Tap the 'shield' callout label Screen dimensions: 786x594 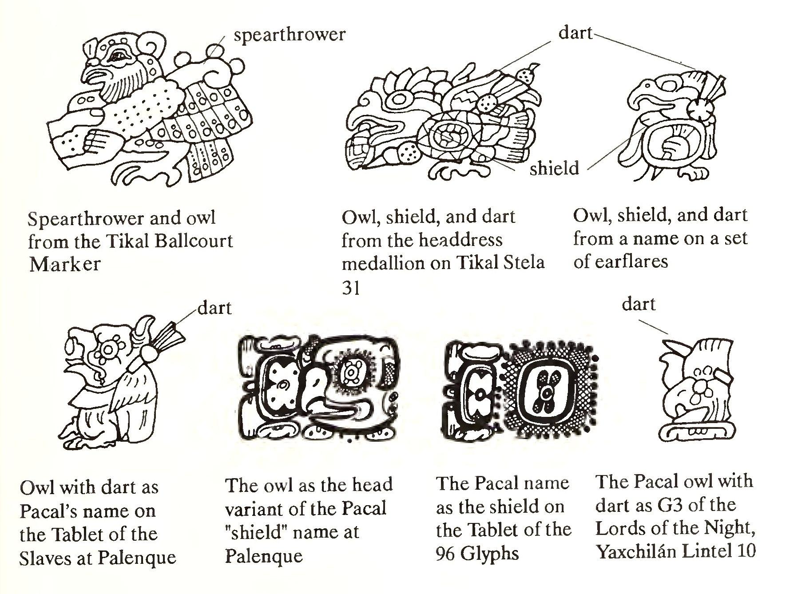coord(554,168)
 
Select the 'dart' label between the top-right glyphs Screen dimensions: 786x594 coord(576,33)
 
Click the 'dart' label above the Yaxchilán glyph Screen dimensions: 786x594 coord(639,304)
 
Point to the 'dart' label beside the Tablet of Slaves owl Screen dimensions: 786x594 coord(214,308)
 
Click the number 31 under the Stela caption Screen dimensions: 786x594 coord(351,288)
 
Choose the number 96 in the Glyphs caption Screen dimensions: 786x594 coord(445,554)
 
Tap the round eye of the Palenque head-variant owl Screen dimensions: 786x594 coord(353,368)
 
